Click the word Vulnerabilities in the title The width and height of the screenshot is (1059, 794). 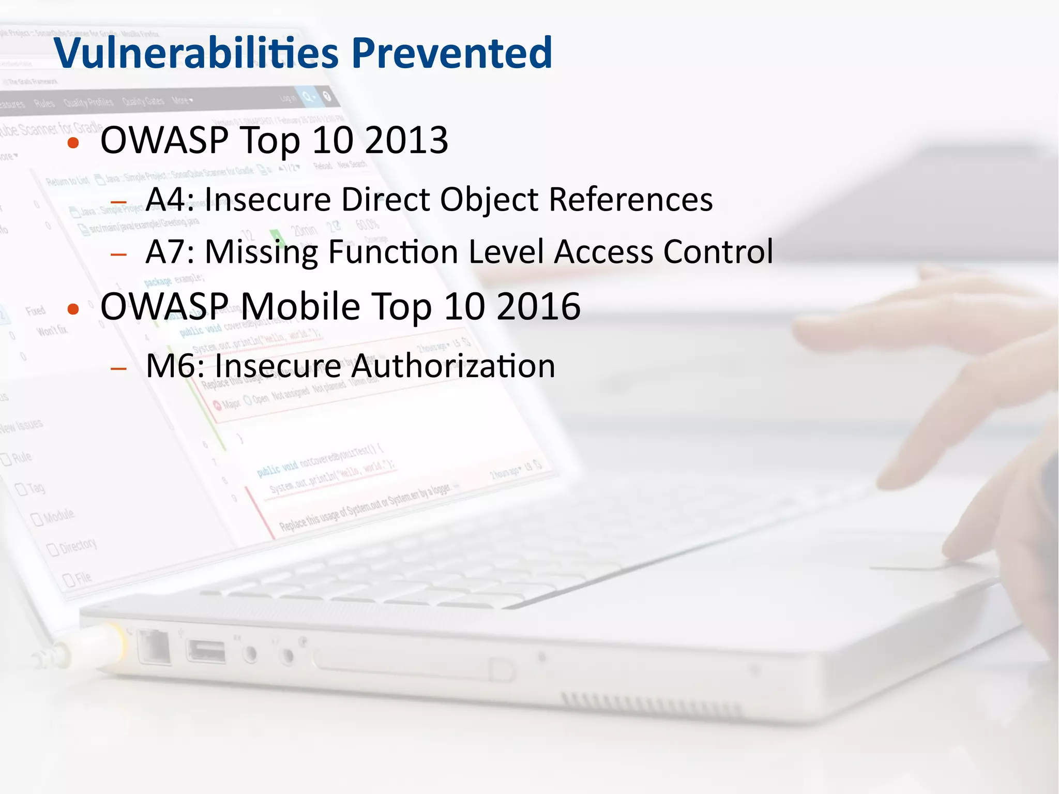click(x=196, y=53)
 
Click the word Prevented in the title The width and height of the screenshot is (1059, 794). click(x=452, y=53)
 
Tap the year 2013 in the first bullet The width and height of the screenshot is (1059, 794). click(x=406, y=140)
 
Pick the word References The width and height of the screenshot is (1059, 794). click(x=630, y=199)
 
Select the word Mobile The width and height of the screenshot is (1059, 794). click(x=300, y=306)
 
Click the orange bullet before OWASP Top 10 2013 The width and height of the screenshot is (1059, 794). click(x=73, y=143)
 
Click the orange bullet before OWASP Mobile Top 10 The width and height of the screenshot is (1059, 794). click(x=73, y=309)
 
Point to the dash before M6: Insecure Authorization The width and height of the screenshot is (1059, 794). click(x=119, y=368)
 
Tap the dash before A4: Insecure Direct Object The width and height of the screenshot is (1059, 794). click(x=119, y=202)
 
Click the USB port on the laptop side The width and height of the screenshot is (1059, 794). click(x=206, y=651)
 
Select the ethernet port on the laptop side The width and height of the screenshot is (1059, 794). click(x=154, y=647)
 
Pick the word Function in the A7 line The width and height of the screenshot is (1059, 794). click(x=393, y=252)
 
